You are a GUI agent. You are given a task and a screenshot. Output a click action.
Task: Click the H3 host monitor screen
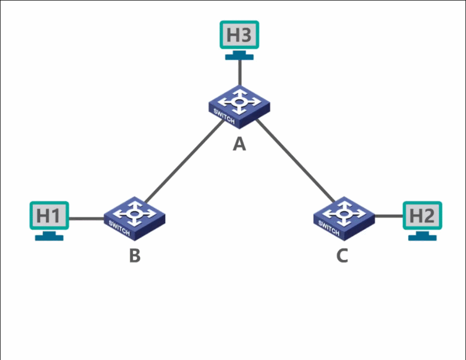coord(239,35)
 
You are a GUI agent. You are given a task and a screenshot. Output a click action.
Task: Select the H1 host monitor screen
coord(48,215)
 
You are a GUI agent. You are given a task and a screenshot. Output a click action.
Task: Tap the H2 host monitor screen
coord(423,215)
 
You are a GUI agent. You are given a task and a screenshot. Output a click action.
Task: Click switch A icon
coord(239,105)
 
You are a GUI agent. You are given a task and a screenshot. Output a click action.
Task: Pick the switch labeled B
coord(135,216)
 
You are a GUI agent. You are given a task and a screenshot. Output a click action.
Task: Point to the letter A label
coord(239,145)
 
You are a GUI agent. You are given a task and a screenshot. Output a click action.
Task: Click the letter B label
coord(135,255)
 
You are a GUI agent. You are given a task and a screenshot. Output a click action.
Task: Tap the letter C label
coord(342,255)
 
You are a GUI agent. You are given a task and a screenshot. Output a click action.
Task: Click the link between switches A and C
coord(296,161)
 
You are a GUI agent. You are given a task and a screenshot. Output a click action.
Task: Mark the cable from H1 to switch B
coord(86,219)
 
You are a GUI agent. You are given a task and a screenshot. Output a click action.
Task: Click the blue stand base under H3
coord(239,56)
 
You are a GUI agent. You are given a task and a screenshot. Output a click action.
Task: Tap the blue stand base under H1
coord(49,237)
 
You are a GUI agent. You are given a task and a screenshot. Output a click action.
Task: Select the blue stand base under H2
coord(423,237)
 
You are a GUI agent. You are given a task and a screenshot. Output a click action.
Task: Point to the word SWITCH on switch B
coord(119,228)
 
